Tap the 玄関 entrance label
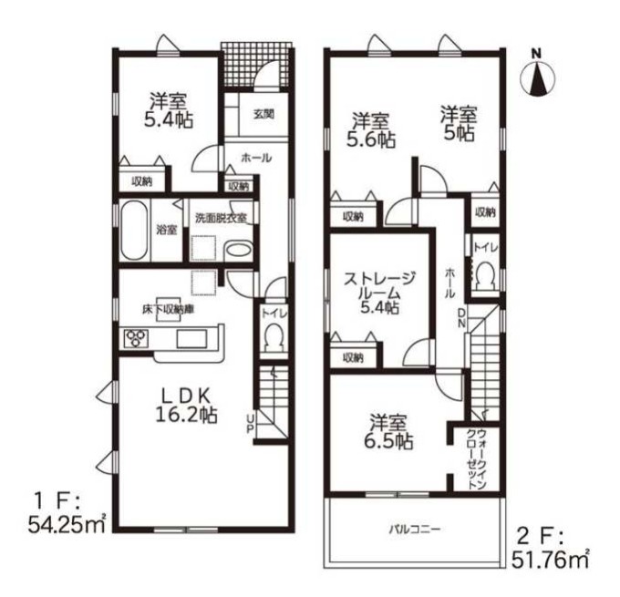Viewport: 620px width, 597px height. coord(263,115)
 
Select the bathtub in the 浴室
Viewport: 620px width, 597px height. coord(134,231)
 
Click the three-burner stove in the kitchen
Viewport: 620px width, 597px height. coord(136,338)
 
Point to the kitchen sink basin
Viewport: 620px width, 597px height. coord(191,338)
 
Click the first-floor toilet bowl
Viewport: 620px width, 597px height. coord(274,337)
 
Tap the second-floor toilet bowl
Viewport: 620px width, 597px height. coord(484,276)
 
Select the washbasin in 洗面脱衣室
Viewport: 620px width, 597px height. coord(238,251)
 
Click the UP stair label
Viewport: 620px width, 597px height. coord(250,424)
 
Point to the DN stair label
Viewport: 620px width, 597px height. coord(461,318)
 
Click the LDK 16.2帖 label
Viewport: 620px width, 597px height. coord(187,406)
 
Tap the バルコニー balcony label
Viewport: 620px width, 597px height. coord(414,529)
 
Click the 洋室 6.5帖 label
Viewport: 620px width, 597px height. coord(388,432)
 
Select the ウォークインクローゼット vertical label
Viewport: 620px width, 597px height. coord(477,458)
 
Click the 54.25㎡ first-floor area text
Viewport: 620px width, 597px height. coord(67,525)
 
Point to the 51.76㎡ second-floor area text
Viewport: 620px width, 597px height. coord(551,560)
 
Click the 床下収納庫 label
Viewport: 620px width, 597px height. coord(169,310)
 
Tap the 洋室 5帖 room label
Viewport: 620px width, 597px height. coord(459,123)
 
